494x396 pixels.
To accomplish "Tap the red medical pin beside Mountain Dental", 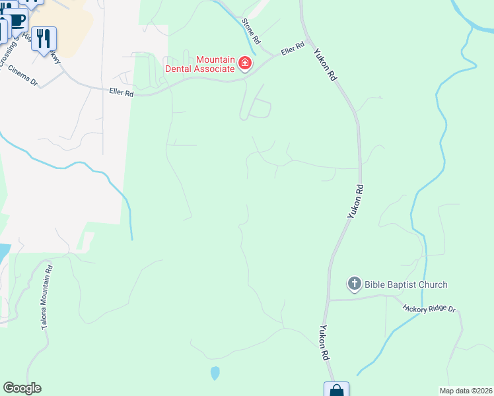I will point(245,63).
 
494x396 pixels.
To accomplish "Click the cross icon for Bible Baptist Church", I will point(354,284).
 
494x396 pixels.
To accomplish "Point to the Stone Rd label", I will point(248,30).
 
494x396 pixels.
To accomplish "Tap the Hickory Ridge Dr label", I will point(429,308).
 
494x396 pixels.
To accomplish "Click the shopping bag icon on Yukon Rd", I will point(336,389).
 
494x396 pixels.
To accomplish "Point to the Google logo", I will point(22,388).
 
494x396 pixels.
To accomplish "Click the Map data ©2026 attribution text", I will point(466,391).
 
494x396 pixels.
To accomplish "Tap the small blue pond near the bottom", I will point(215,373).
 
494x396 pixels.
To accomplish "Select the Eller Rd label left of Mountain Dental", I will point(122,94).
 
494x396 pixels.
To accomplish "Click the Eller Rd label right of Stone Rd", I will point(291,48).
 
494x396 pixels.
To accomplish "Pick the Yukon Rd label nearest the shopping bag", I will point(324,342).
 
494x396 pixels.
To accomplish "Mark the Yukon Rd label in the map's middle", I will point(356,201).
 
